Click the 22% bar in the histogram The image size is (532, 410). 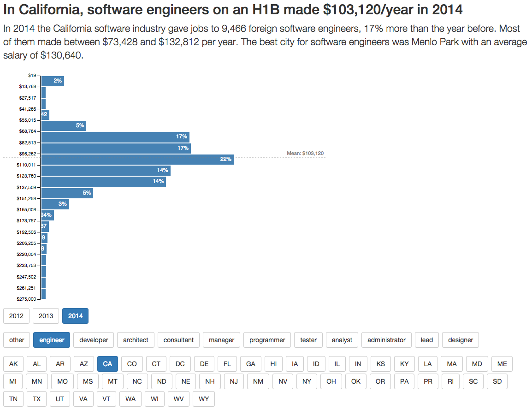tap(137, 159)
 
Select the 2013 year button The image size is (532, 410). tap(46, 316)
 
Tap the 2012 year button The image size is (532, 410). tap(16, 316)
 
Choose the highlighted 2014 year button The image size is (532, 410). tap(75, 316)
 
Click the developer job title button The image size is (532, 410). tap(94, 340)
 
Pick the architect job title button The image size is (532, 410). tap(136, 340)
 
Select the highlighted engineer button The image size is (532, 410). tap(52, 340)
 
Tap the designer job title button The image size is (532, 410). tap(461, 340)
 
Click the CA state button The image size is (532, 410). tap(107, 364)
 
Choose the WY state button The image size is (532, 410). tap(203, 399)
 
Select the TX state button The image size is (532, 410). tap(36, 399)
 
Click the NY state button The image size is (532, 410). tap(307, 381)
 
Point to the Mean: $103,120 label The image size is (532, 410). tap(305, 153)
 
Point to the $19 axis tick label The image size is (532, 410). tap(32, 75)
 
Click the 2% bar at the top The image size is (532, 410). tap(53, 81)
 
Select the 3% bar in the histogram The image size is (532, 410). tap(55, 204)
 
